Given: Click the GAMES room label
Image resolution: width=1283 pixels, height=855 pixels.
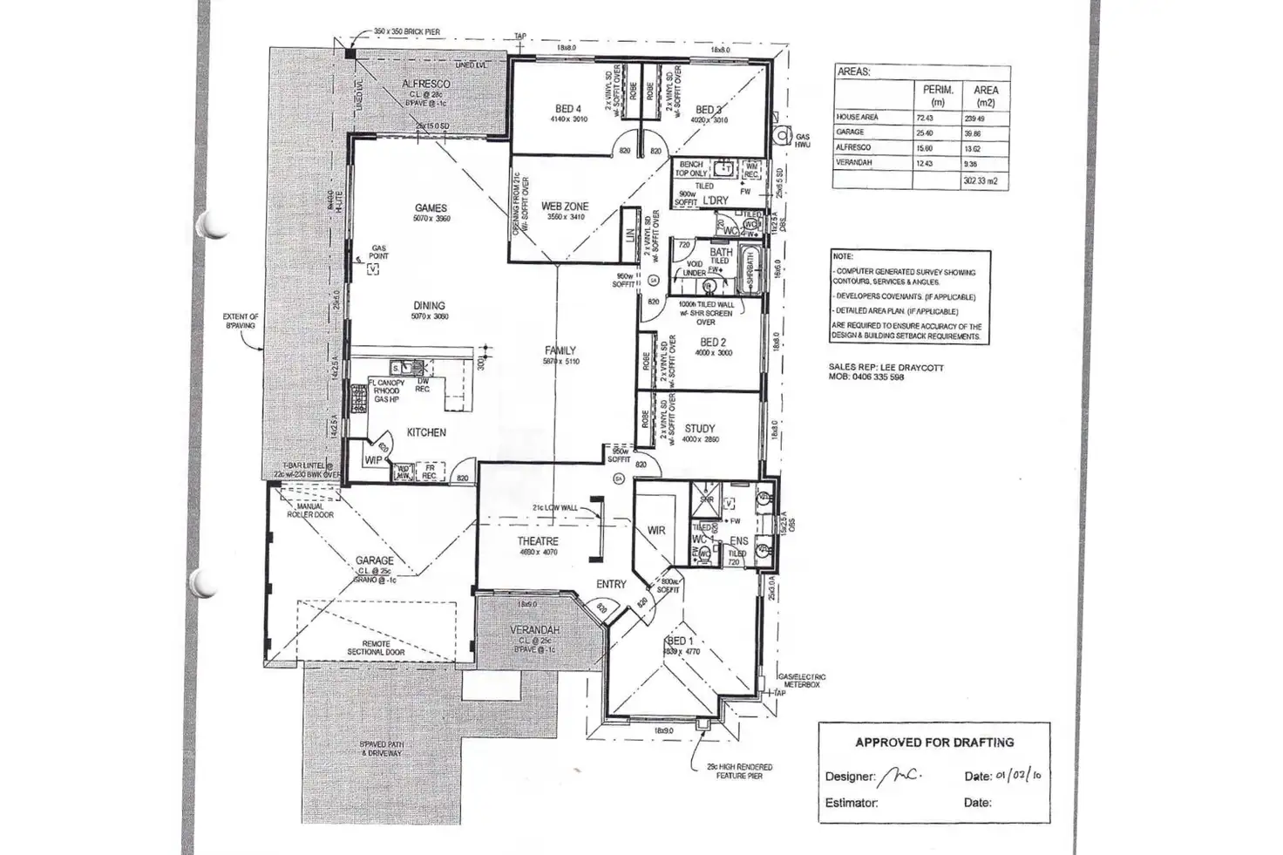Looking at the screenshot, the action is tap(431, 208).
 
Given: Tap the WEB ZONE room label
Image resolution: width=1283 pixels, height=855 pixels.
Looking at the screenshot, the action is tap(565, 207).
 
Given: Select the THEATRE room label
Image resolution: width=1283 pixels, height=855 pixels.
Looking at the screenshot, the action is tap(538, 541).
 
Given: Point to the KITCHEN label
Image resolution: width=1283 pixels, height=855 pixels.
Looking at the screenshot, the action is tap(426, 432).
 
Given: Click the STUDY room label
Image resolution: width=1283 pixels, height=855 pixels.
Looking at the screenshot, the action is tap(700, 429).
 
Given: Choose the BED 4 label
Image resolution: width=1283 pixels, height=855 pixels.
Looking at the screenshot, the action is tap(568, 109).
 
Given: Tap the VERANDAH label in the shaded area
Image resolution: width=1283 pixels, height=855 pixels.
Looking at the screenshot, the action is tap(534, 629).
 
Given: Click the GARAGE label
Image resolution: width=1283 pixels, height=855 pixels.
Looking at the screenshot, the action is tap(375, 560).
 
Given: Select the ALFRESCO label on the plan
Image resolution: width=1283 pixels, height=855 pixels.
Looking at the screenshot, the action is tap(426, 84).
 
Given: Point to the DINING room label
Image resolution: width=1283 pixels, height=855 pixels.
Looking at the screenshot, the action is tap(429, 306).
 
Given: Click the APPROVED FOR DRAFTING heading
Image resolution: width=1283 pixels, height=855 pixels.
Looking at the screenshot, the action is tap(934, 743).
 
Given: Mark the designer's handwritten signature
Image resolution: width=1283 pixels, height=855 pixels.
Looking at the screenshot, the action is tap(901, 775).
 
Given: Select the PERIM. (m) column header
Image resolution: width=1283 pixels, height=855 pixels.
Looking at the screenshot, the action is tap(937, 96).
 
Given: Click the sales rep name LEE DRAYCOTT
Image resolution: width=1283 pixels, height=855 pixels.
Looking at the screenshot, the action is tap(911, 368).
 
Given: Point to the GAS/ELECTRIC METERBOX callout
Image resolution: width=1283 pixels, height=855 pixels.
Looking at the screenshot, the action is tap(802, 681).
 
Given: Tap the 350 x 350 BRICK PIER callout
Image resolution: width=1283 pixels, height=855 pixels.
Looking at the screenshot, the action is tap(406, 32).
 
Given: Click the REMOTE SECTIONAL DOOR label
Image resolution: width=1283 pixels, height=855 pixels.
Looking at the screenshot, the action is tap(377, 648).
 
